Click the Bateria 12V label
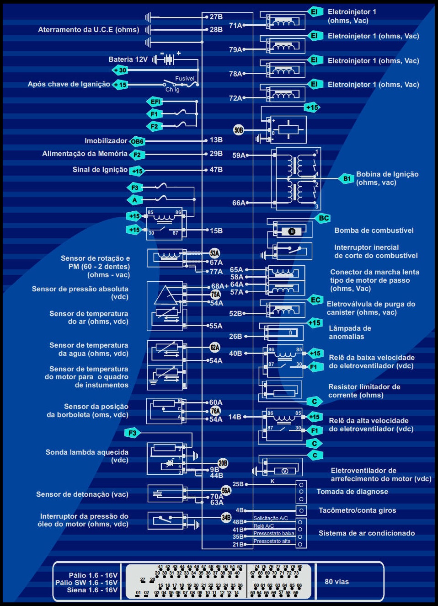128,59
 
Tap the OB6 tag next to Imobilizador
137,141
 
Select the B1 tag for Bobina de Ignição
347,178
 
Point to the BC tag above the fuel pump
324,218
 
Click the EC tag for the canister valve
315,300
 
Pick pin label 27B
216,17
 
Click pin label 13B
216,140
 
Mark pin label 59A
239,156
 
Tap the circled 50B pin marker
239,130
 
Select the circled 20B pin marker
223,463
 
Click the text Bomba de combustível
374,231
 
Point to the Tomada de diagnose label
352,492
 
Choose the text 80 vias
337,582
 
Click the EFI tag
155,102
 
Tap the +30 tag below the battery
121,70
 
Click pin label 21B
238,544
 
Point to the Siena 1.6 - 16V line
92,590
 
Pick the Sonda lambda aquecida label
87,452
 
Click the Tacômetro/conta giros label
357,510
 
